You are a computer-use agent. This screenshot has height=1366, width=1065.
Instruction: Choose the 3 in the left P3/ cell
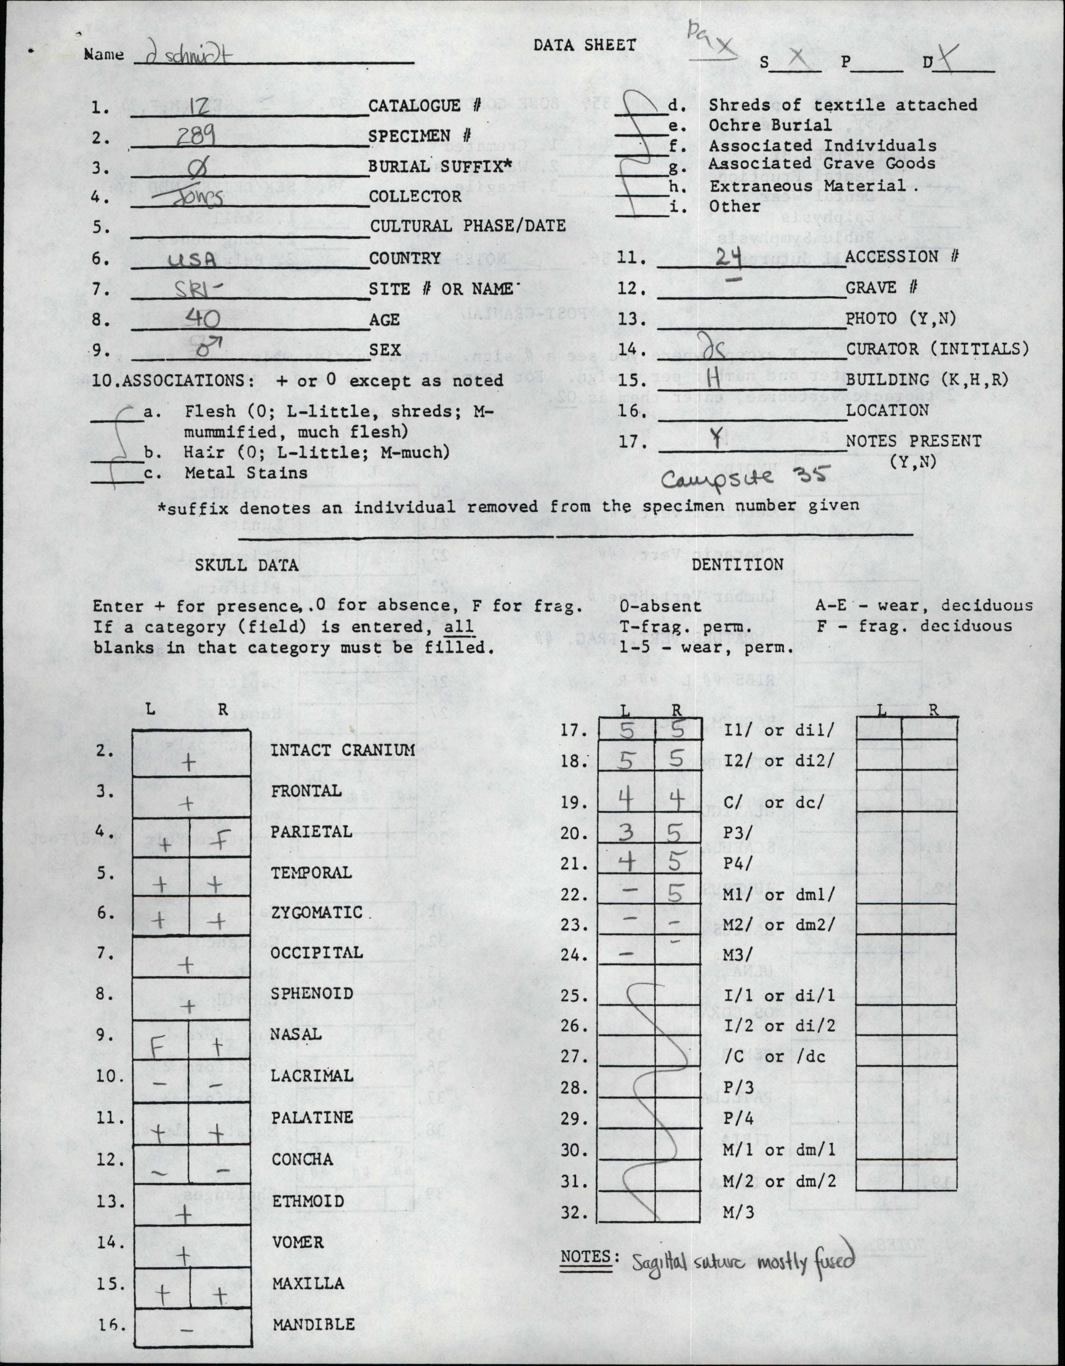[627, 833]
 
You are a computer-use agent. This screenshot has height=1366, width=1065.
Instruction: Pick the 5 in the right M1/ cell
[675, 894]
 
